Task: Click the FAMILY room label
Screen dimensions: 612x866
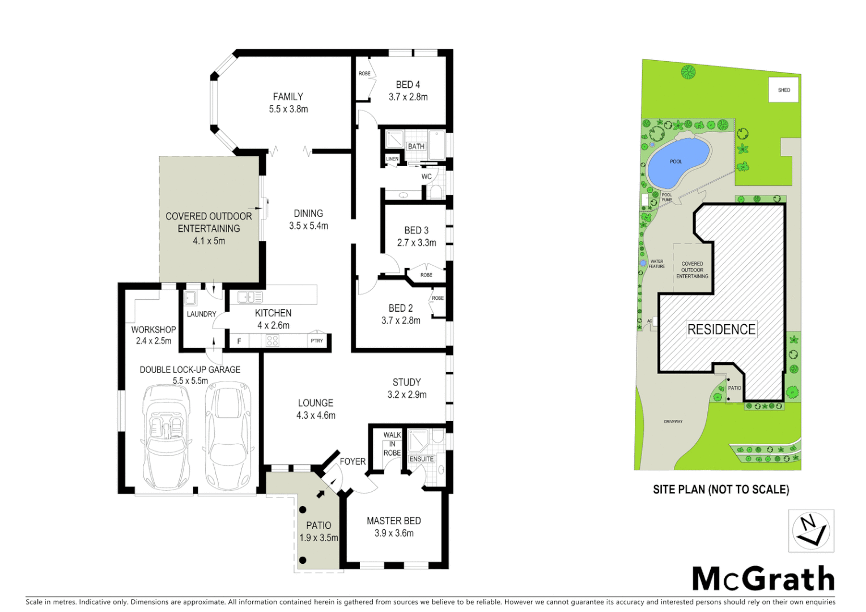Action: tap(288, 97)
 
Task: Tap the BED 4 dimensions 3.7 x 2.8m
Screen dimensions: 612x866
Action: tap(408, 97)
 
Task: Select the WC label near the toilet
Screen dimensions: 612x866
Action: tap(426, 177)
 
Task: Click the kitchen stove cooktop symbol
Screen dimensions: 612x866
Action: tap(273, 341)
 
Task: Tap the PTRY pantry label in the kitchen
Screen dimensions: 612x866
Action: tap(317, 341)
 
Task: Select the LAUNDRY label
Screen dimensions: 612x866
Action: tap(201, 314)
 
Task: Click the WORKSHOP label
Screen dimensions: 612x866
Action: tap(154, 329)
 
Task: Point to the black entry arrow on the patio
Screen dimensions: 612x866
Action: tap(321, 494)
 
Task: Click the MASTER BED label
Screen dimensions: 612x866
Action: tap(393, 521)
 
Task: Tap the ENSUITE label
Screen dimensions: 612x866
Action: tap(422, 459)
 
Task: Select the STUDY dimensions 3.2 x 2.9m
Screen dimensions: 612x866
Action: tap(407, 395)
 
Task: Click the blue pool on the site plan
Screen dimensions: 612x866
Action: tap(678, 163)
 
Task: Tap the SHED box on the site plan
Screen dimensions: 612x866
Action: tap(784, 90)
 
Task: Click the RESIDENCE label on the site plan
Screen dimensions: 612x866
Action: tap(721, 329)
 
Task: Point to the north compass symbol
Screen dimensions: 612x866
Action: tap(811, 530)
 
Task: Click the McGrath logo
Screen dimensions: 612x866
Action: tap(763, 579)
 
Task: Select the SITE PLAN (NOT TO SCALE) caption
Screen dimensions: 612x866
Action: tap(720, 490)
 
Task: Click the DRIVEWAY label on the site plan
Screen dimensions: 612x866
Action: tap(673, 422)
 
